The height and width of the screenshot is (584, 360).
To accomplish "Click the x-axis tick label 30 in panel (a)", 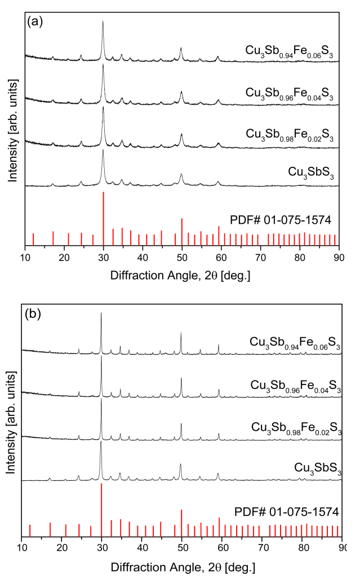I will (103, 258).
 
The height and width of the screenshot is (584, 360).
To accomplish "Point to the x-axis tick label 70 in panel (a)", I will (260, 258).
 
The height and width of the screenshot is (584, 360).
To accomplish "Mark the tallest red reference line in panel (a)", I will (103, 218).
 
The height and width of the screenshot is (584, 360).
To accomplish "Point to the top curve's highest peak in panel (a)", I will (103, 23).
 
